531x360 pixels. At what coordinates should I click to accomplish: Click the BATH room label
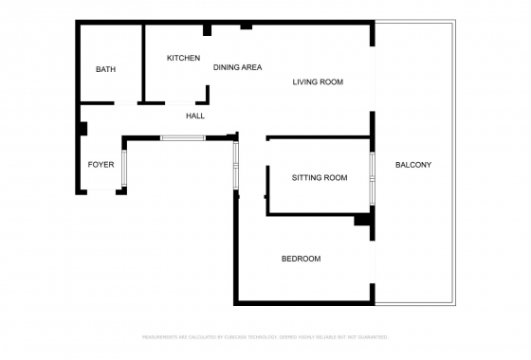click(105, 70)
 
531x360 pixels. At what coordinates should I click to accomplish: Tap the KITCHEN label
click(183, 59)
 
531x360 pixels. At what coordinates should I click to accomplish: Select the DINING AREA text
click(237, 67)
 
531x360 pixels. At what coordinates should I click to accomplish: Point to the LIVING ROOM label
click(317, 82)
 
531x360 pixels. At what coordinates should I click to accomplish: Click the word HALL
click(195, 116)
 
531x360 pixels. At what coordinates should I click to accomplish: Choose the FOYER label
click(101, 165)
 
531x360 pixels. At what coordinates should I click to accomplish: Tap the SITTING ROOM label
click(319, 178)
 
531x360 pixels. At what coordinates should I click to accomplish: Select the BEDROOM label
click(301, 259)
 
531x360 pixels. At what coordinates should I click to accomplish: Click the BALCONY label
click(413, 165)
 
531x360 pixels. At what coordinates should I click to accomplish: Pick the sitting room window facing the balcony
click(372, 177)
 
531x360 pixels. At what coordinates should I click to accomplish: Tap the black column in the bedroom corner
click(362, 220)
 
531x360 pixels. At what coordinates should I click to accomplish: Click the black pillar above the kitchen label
click(207, 29)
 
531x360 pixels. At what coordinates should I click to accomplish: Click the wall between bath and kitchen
click(143, 62)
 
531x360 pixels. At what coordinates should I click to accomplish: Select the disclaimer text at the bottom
click(265, 336)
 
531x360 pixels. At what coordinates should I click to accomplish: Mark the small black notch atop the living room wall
click(246, 25)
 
